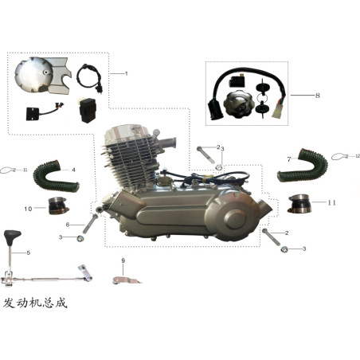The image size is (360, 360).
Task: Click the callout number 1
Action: pyautogui.click(x=127, y=73)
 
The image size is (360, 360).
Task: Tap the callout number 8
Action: pyautogui.click(x=318, y=96)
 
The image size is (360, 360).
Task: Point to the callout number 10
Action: pyautogui.click(x=28, y=209)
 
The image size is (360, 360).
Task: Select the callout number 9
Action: pyautogui.click(x=123, y=260)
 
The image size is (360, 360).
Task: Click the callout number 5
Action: pyautogui.click(x=29, y=252)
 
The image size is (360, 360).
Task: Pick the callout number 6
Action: pyautogui.click(x=68, y=225)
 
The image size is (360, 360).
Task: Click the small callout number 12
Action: pyautogui.click(x=358, y=156)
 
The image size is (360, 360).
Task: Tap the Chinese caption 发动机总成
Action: pyautogui.click(x=35, y=303)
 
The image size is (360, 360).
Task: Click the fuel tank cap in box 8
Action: pyautogui.click(x=237, y=104)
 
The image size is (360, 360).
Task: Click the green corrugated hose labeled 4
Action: pyautogui.click(x=56, y=176)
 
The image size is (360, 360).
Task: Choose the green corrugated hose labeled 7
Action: pyautogui.click(x=303, y=166)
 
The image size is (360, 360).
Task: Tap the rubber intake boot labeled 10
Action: pyautogui.click(x=58, y=206)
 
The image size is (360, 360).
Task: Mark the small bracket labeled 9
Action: pyautogui.click(x=126, y=280)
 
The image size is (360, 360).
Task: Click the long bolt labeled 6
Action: pyautogui.click(x=90, y=224)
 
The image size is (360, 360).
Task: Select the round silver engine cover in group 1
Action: pyautogui.click(x=34, y=75)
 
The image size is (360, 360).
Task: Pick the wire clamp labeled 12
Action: pyautogui.click(x=339, y=157)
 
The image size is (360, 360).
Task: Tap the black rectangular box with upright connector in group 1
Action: pyautogui.click(x=88, y=110)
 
